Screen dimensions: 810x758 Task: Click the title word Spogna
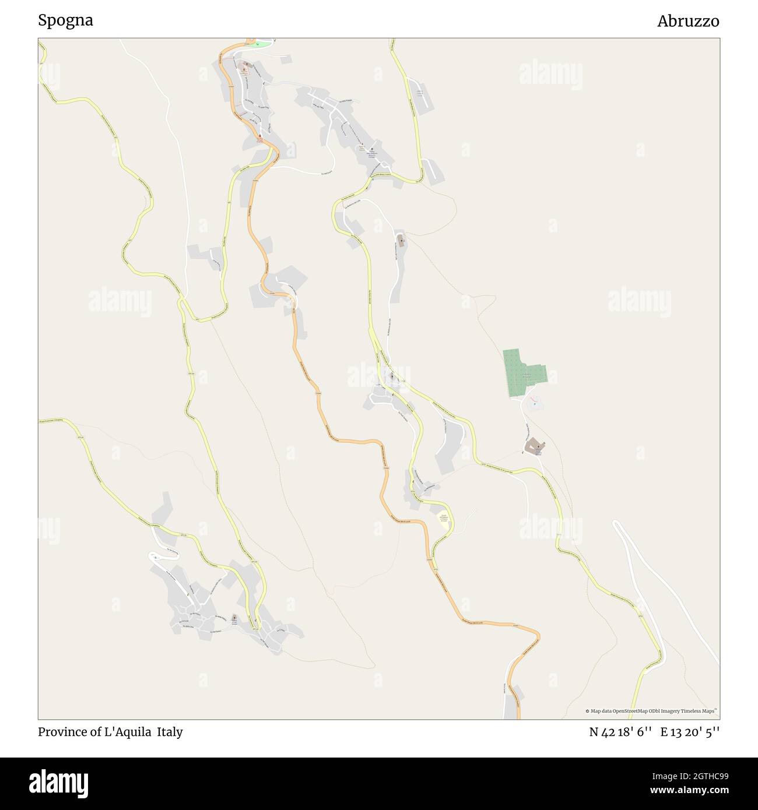[x=65, y=20]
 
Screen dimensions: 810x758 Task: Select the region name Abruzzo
[x=688, y=21]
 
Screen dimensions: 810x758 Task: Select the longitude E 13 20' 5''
[x=690, y=732]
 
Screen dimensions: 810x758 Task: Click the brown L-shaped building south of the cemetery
[x=533, y=447]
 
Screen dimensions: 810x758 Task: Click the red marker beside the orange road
[x=260, y=137]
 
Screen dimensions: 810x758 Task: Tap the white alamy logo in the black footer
[x=59, y=783]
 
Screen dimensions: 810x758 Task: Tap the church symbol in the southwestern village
[x=234, y=617]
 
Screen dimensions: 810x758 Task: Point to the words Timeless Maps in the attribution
[x=701, y=711]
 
